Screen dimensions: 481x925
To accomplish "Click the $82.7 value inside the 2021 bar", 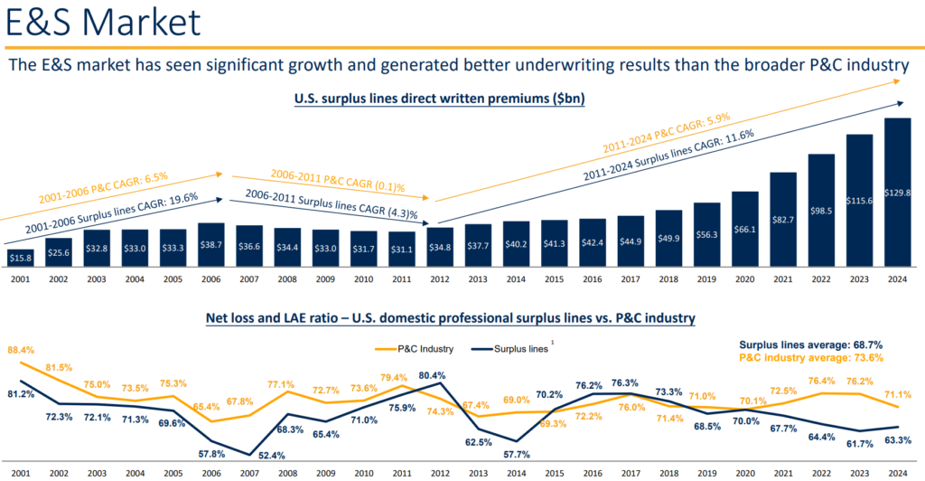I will tap(782, 220).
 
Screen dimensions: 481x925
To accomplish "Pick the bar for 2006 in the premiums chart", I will tap(212, 246).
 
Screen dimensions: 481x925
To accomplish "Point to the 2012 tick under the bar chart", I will tap(440, 280).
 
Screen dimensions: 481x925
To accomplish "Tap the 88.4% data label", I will tap(22, 349).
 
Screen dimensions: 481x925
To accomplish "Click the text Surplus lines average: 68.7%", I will tap(811, 344).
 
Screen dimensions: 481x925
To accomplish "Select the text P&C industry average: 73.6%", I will tap(811, 358).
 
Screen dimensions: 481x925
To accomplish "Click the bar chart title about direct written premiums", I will tap(440, 99).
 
